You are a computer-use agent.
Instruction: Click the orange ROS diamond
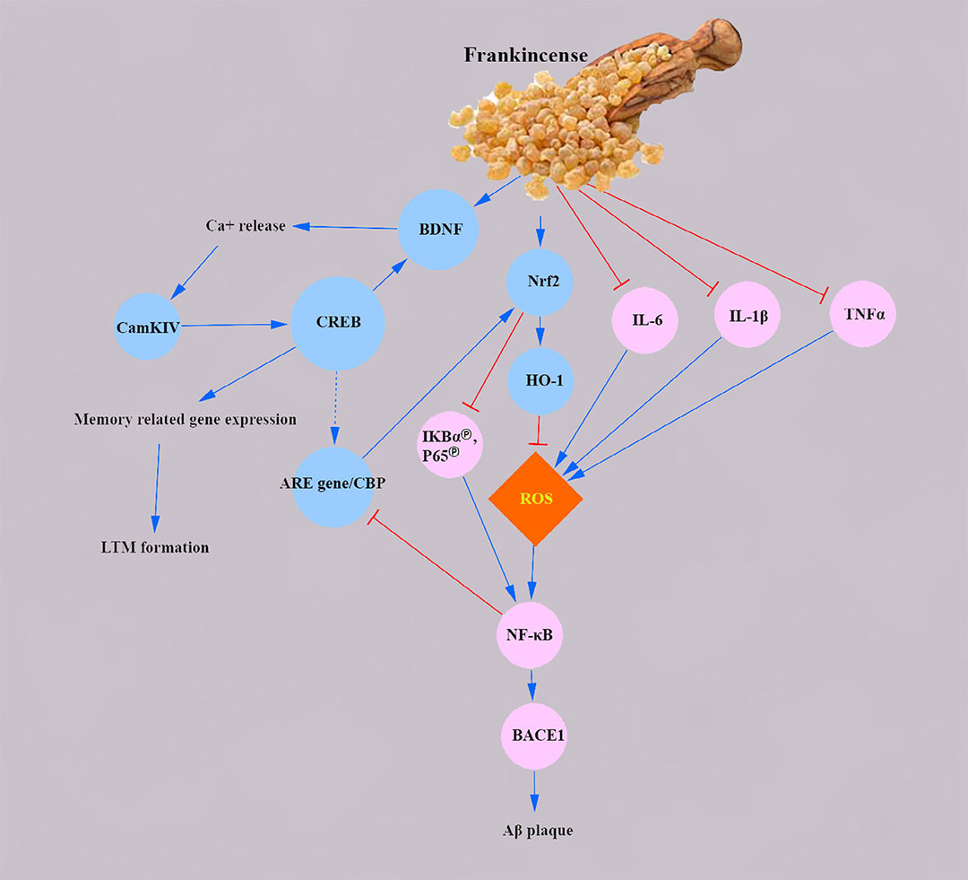coord(535,498)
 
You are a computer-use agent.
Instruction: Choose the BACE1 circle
coord(535,736)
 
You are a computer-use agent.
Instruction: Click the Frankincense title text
coord(525,55)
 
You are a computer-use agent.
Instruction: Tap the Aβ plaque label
coord(536,830)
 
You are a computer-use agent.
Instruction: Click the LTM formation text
coord(155,546)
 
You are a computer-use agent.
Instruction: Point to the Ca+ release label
coord(245,225)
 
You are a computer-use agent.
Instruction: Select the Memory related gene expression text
coord(185,419)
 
